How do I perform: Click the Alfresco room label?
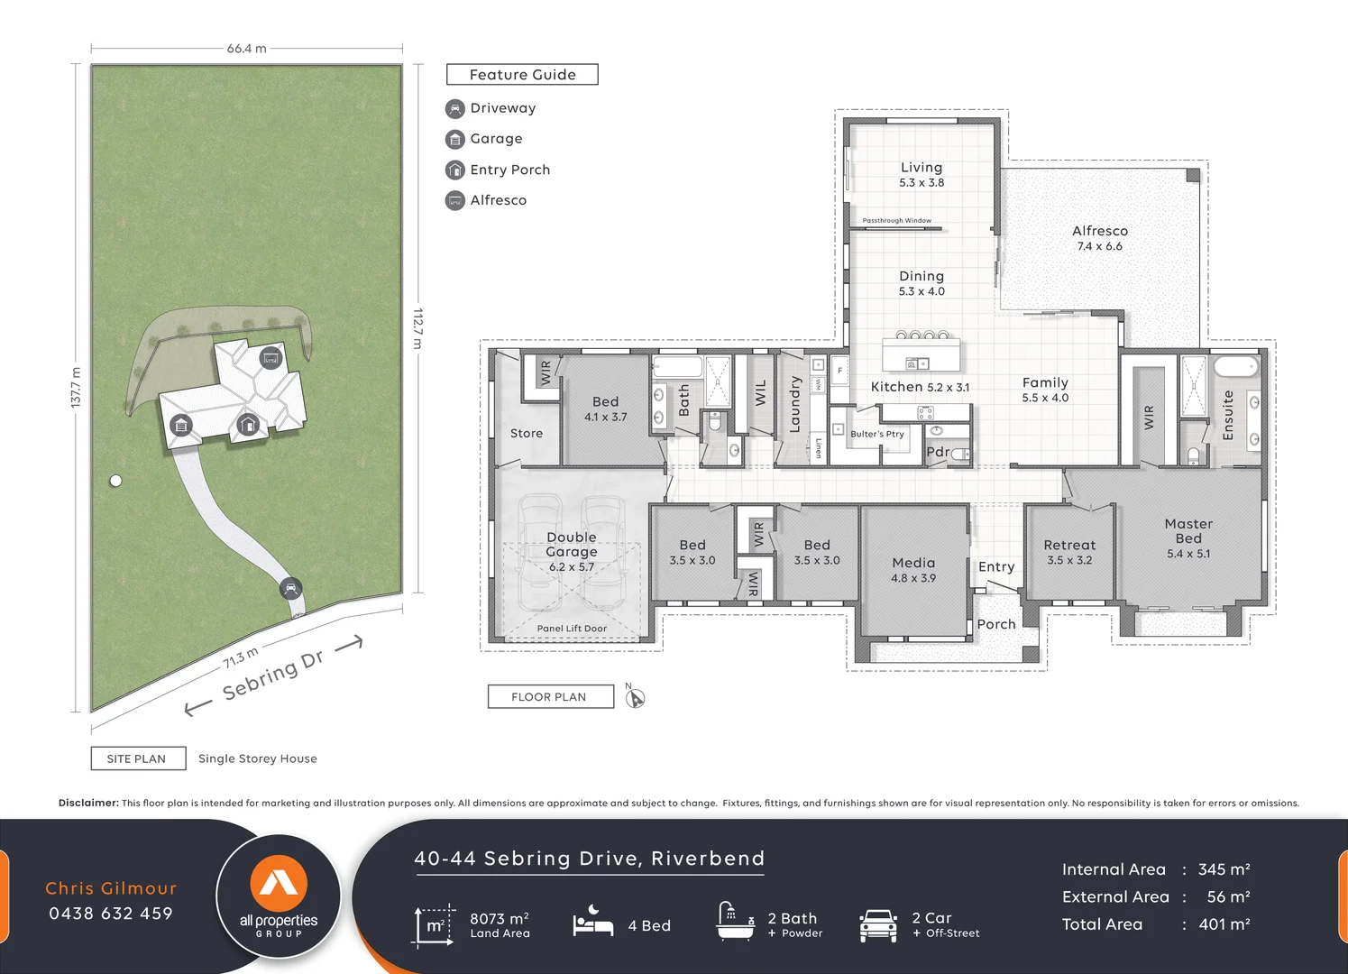coord(1099,231)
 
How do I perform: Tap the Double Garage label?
coord(571,544)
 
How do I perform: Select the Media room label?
coord(913,563)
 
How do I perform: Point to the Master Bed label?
coord(1188,530)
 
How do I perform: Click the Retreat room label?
coord(1069,545)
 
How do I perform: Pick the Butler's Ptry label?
coord(876,434)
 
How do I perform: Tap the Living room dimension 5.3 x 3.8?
coord(921,182)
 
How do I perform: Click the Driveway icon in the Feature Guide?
coord(455,109)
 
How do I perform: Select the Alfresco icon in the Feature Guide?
coord(455,201)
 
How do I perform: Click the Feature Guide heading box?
coord(522,75)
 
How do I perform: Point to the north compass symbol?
coord(635,697)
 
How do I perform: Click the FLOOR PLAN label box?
coord(550,696)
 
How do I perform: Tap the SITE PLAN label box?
coord(138,758)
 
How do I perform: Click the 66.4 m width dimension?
coord(246,49)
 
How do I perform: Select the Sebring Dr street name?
coord(273,675)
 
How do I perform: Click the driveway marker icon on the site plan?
coord(290,589)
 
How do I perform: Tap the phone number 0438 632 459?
coord(111,914)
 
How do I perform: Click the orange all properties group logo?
coord(279,884)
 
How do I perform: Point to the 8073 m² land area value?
coord(499,918)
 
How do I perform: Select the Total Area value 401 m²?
coord(1224,924)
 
